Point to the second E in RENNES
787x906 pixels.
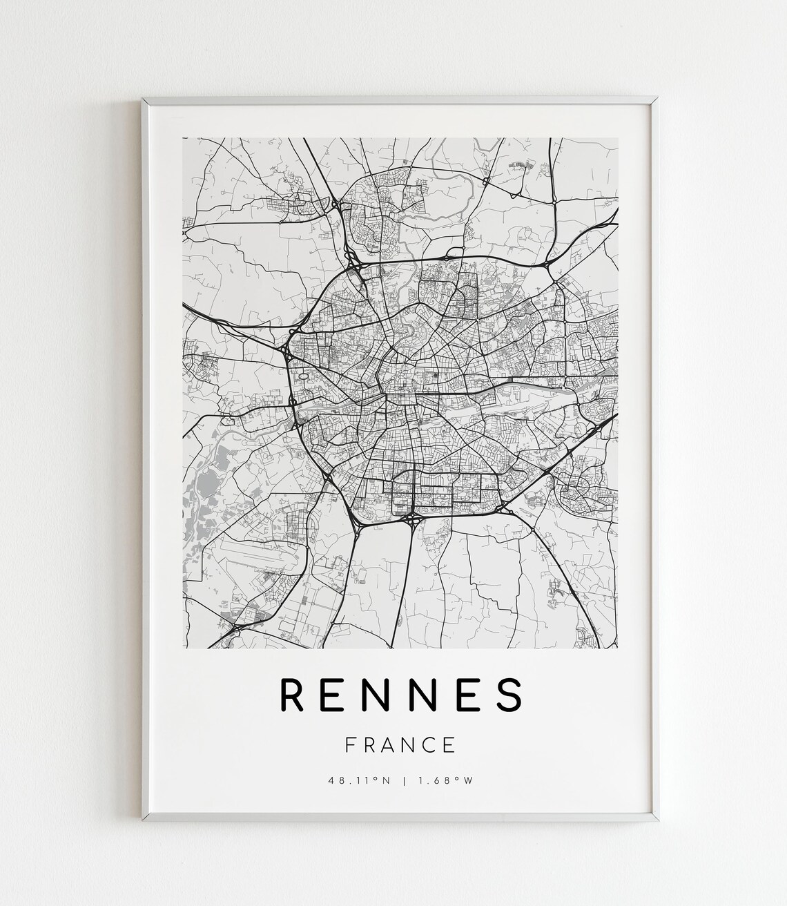coord(466,695)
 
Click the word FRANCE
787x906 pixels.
coord(400,745)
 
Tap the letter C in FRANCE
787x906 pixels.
coord(430,745)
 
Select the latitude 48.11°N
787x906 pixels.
coord(359,781)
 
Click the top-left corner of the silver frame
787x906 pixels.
coord(143,98)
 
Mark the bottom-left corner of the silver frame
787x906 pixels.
coord(143,820)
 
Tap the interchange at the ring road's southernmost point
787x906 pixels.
coord(412,516)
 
